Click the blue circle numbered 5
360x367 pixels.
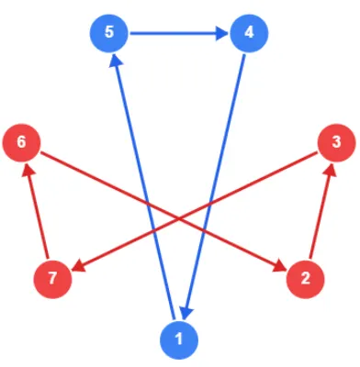point(109,33)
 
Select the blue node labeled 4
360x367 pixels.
point(248,33)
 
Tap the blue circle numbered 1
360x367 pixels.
point(179,340)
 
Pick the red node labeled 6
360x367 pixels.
point(21,143)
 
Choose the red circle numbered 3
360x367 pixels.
point(336,143)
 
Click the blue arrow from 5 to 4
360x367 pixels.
point(174,34)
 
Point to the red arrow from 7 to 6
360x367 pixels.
point(37,211)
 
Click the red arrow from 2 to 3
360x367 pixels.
point(321,211)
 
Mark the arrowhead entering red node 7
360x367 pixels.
point(76,266)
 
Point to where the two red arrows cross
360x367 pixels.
point(179,217)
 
